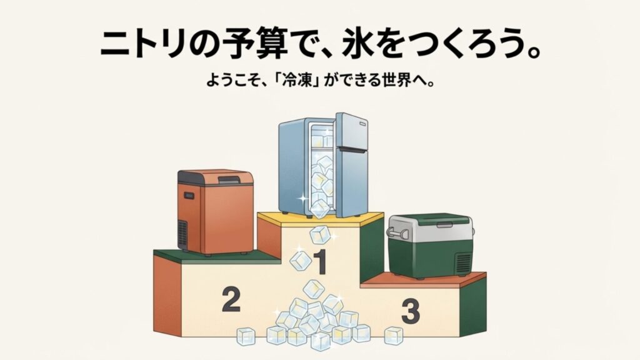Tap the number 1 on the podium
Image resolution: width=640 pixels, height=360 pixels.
coord(320,262)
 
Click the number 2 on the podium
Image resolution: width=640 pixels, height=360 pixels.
coord(231,300)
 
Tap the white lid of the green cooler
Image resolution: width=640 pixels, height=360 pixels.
coord(429,223)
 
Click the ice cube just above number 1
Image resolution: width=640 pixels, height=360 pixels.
coord(321,236)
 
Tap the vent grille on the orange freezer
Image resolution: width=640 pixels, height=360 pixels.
coord(182,233)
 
